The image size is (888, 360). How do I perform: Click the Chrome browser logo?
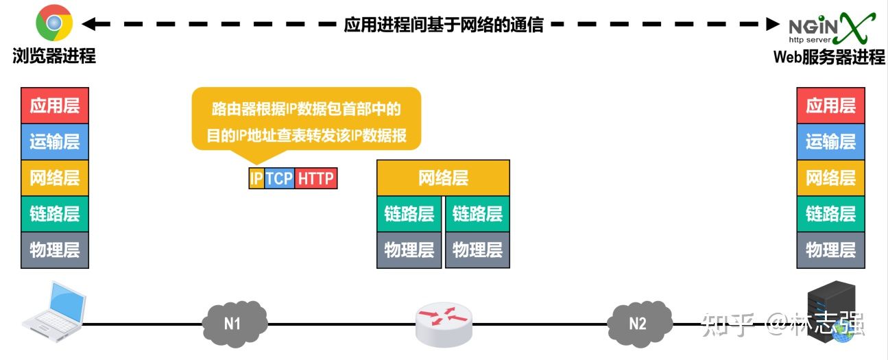[x=54, y=24]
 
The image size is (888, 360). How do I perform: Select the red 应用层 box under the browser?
[x=55, y=106]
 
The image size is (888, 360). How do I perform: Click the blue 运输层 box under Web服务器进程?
[x=830, y=142]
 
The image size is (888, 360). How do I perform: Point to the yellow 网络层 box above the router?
[x=443, y=178]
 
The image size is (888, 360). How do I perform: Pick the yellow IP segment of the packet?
[x=256, y=179]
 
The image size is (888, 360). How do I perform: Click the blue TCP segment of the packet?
[x=279, y=179]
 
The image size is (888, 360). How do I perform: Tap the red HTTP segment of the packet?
[x=316, y=179]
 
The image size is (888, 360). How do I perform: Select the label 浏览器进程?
[x=54, y=56]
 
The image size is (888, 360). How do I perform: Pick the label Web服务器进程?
[x=829, y=58]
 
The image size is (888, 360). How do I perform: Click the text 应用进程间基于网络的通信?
[x=444, y=25]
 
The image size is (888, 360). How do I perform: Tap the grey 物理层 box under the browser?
[x=55, y=250]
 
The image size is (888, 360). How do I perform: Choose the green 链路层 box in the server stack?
[x=830, y=213]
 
